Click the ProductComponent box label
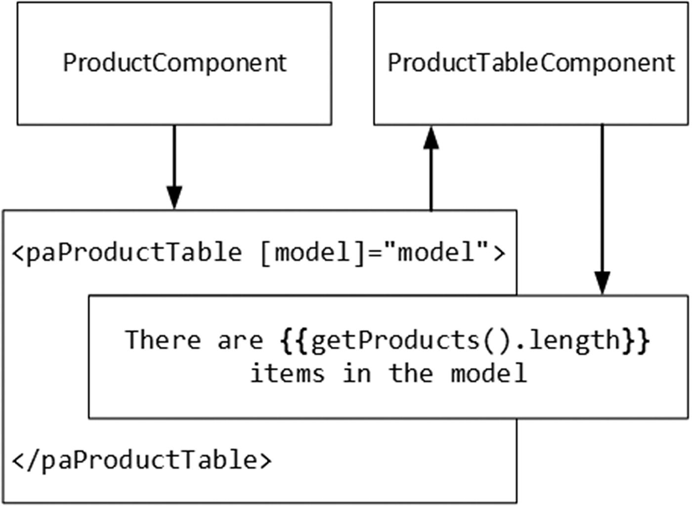click(x=174, y=63)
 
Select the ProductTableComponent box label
click(x=530, y=63)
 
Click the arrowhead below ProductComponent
click(x=174, y=197)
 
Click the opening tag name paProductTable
click(x=133, y=253)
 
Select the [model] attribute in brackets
click(x=312, y=253)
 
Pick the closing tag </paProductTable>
click(x=142, y=460)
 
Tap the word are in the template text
click(x=240, y=341)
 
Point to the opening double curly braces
click(x=294, y=340)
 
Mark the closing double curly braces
click(x=636, y=340)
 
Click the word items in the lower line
click(x=287, y=373)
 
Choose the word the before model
click(x=411, y=373)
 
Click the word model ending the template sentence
click(x=488, y=373)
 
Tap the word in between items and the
click(x=356, y=373)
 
